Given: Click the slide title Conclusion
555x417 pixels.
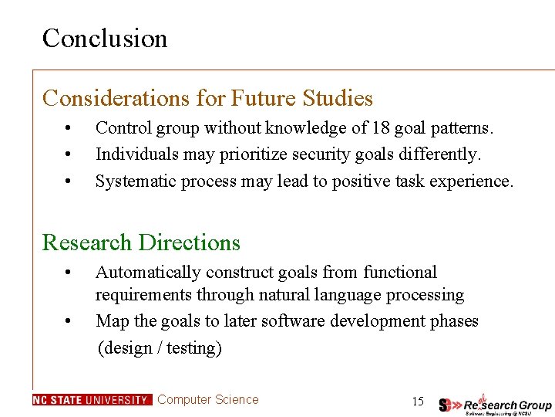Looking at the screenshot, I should tap(105, 38).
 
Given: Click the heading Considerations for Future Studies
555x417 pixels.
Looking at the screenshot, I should tap(207, 99).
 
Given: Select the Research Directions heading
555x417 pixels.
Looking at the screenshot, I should tap(141, 242).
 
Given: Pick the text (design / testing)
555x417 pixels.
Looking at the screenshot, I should tap(160, 348).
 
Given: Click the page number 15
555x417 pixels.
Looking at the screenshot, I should tap(418, 401).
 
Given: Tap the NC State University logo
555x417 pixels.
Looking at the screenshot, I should tap(92, 400).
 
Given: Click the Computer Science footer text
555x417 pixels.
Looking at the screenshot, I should tap(208, 400).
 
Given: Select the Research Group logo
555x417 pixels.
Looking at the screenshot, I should tap(495, 403).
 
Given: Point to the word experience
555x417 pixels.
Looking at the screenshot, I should tap(473, 181).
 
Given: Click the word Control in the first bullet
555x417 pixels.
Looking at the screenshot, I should tap(119, 127).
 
